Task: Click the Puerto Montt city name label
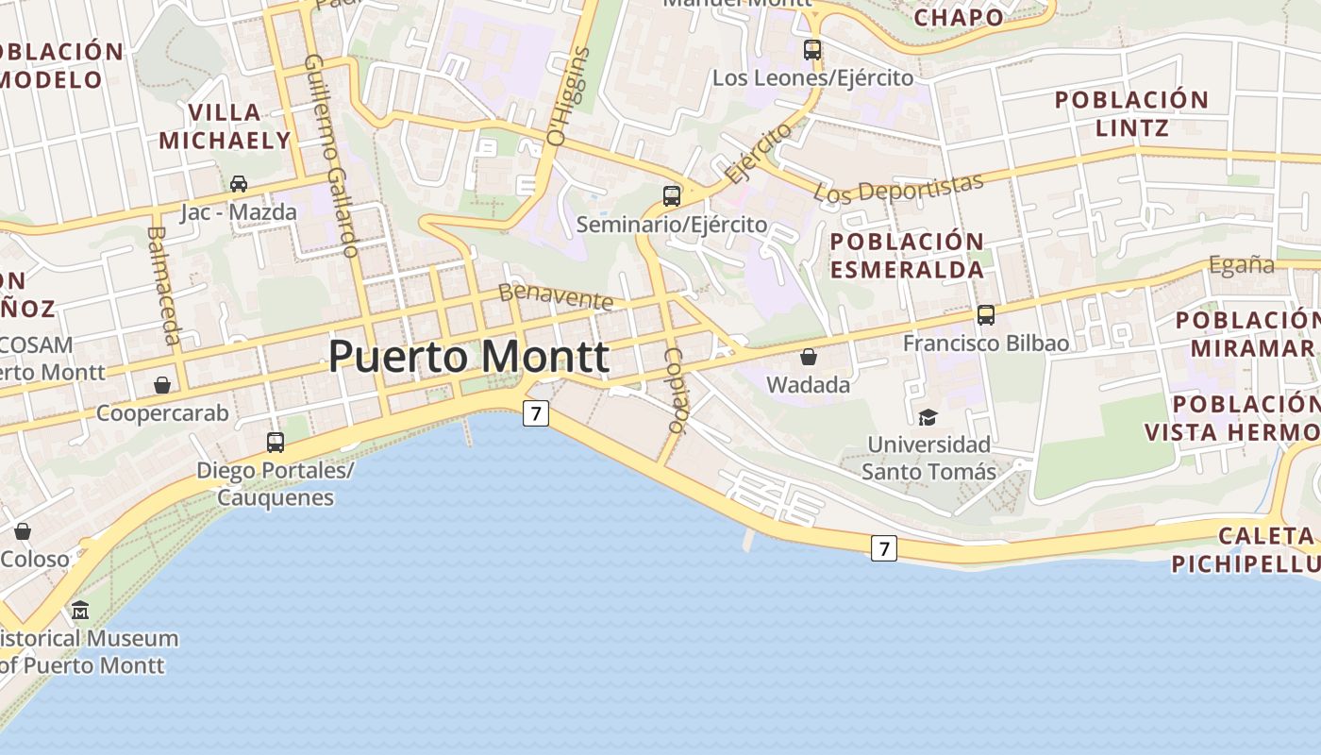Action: point(469,357)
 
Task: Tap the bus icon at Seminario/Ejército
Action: point(672,196)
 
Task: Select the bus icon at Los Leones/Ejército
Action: point(812,49)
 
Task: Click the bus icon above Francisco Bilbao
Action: point(986,315)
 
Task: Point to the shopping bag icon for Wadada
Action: point(809,357)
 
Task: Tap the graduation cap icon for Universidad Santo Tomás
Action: point(928,417)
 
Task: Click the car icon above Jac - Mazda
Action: point(239,183)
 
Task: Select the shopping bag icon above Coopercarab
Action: point(162,385)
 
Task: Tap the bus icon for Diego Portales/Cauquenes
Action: point(276,442)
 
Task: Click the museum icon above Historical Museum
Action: point(80,610)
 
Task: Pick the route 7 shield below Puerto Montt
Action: point(536,412)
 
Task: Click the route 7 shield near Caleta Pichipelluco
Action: point(883,547)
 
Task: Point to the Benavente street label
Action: point(556,296)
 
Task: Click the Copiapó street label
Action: point(675,390)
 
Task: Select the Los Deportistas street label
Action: point(898,188)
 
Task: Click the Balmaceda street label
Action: point(164,285)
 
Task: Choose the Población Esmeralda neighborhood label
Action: point(907,255)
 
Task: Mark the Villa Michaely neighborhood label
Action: point(225,126)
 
